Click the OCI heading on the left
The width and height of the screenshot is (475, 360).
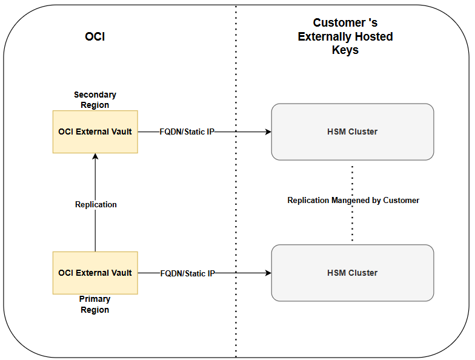95,37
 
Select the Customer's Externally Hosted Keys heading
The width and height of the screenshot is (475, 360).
345,36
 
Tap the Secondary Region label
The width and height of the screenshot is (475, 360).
95,100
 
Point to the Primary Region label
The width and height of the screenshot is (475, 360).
95,304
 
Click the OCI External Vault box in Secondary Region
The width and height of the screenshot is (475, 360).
95,132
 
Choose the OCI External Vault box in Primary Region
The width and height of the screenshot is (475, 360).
95,273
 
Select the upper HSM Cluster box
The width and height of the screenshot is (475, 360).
352,132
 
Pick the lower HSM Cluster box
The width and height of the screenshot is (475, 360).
352,273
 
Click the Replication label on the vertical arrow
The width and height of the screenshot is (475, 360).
96,204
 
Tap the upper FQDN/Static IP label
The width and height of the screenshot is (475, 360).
187,132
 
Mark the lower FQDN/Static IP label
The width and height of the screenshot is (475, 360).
187,273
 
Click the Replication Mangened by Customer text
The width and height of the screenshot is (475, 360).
353,200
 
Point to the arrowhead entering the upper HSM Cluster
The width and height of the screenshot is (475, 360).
268,132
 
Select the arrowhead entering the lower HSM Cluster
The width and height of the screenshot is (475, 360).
268,273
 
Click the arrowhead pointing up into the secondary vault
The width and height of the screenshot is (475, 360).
95,156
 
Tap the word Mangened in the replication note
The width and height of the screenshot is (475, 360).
351,200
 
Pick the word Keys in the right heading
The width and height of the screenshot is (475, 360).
345,50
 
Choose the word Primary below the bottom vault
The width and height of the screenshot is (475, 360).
95,299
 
